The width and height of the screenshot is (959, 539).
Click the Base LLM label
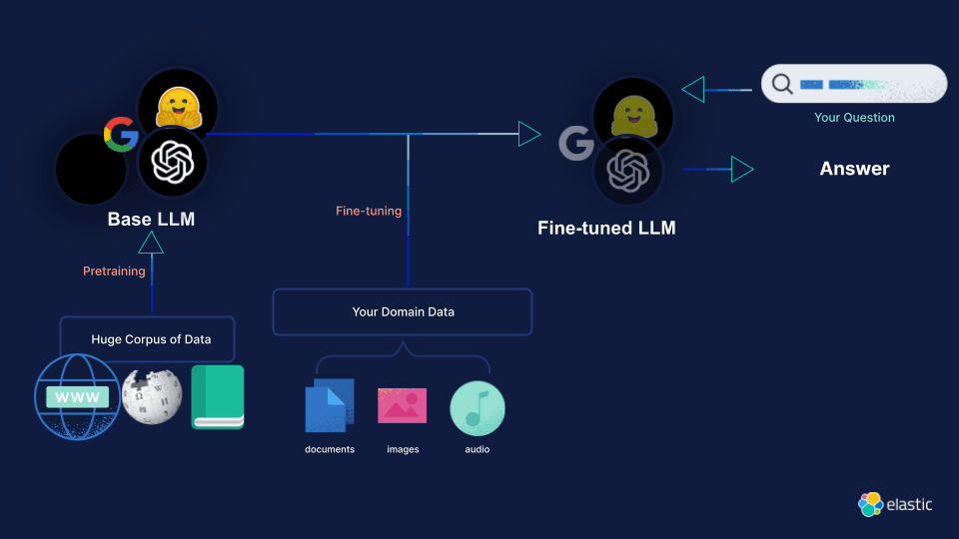(151, 219)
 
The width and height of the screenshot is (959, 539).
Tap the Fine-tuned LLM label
(606, 228)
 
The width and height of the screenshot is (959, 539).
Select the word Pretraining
(114, 270)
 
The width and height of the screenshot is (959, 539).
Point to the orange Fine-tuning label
(369, 211)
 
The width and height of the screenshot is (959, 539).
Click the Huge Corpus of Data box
(148, 339)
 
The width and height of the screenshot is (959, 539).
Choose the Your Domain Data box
(403, 311)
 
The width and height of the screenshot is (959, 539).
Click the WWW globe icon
(77, 396)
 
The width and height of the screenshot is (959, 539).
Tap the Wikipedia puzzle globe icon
(151, 395)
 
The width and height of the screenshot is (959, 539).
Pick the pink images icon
(402, 405)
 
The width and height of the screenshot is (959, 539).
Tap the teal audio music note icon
(477, 407)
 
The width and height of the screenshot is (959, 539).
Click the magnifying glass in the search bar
(782, 85)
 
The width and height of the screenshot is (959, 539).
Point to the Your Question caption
(854, 118)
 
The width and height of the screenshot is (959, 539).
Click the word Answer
(854, 169)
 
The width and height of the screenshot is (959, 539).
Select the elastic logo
(895, 505)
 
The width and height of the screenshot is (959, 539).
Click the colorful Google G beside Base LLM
(121, 134)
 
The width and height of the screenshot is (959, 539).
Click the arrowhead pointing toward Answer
(741, 170)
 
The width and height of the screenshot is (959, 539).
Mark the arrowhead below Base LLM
(151, 243)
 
